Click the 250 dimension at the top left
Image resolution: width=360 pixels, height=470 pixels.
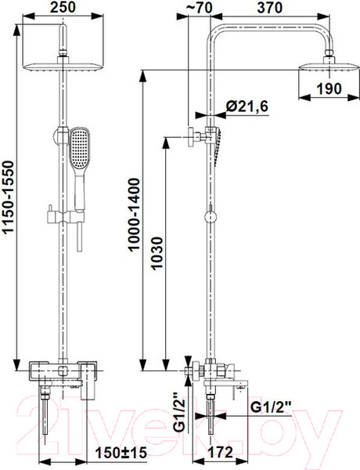(63, 7)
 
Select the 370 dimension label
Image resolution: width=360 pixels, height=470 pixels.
(269, 8)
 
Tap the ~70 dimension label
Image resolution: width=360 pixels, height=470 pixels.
(199, 8)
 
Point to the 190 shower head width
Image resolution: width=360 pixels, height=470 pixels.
(329, 89)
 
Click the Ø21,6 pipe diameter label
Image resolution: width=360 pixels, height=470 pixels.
(247, 107)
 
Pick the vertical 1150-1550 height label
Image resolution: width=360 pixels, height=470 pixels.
(9, 197)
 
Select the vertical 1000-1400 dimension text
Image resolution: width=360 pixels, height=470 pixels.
(134, 215)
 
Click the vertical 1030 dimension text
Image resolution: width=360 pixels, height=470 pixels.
(157, 254)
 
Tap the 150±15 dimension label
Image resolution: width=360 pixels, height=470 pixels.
(121, 453)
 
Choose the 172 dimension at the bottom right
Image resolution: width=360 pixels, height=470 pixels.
(221, 453)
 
